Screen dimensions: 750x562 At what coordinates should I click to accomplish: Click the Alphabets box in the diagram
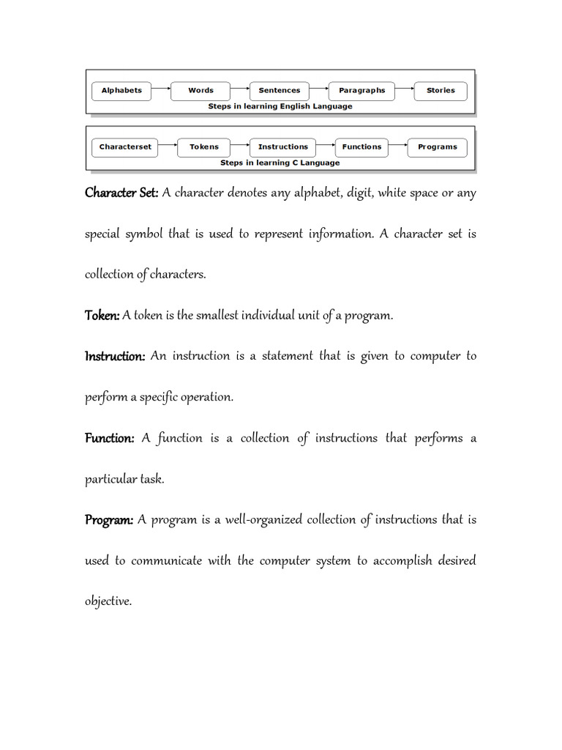point(121,91)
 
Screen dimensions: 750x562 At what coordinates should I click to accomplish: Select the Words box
point(201,91)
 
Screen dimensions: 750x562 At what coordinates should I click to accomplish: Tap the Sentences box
point(280,91)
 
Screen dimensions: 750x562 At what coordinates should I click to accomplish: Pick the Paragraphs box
point(361,91)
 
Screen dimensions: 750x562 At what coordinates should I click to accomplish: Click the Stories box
point(441,91)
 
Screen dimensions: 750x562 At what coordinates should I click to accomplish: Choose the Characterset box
point(125,146)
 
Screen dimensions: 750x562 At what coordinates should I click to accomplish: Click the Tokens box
point(204,146)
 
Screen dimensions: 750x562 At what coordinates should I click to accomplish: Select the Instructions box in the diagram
point(283,146)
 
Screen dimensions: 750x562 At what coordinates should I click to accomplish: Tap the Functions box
point(361,146)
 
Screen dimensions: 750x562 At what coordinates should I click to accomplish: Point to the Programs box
point(437,146)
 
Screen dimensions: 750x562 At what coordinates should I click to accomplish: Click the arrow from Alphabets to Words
point(161,91)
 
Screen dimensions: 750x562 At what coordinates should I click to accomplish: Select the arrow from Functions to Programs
point(398,146)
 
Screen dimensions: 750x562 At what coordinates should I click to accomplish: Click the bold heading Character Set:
point(121,193)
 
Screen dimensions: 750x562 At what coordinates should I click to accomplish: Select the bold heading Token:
point(102,316)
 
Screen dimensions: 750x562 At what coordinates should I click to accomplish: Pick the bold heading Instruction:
point(115,357)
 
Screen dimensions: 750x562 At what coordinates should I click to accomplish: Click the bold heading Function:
point(110,439)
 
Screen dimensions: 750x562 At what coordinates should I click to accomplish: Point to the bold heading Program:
point(109,520)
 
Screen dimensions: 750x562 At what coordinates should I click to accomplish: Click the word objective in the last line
point(108,601)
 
